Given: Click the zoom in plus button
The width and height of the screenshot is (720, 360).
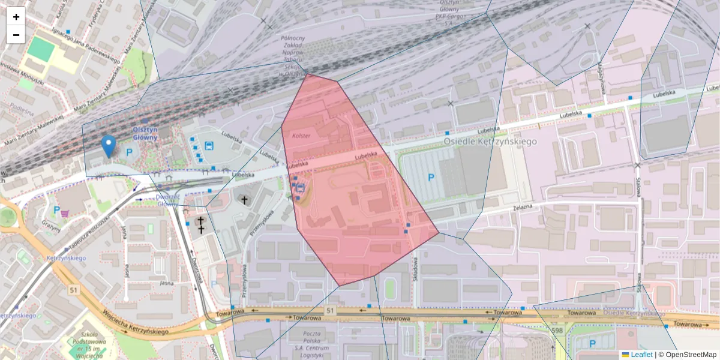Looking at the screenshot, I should click(16, 17).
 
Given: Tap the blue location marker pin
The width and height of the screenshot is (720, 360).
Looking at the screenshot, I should click(108, 146).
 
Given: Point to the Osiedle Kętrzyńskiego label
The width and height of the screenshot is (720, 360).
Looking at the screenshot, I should click(490, 141).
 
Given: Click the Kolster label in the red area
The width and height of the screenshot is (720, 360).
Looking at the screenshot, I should click(301, 136).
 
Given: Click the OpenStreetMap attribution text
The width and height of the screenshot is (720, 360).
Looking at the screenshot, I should click(691, 355).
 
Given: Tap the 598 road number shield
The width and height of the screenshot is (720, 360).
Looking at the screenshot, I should click(557, 329).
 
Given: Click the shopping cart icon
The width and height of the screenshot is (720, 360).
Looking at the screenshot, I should click(65, 212).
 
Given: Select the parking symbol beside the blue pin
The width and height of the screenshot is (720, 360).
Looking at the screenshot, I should click(128, 152).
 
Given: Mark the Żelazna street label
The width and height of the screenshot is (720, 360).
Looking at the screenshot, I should click(508, 206).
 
